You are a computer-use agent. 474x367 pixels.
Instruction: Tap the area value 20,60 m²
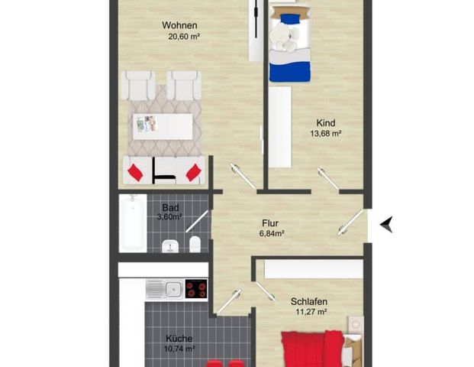(x=183, y=35)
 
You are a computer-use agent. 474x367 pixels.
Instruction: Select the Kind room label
(x=326, y=122)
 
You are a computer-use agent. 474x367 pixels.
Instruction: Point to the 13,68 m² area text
(x=325, y=133)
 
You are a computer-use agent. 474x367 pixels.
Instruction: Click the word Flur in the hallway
(x=269, y=222)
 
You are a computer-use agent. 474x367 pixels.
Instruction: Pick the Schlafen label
(x=308, y=301)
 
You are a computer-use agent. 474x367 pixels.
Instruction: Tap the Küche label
(x=180, y=338)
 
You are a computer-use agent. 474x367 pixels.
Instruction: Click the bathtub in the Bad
(x=132, y=223)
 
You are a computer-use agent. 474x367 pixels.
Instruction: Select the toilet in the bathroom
(x=195, y=245)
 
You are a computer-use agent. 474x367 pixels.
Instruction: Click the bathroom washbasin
(x=172, y=245)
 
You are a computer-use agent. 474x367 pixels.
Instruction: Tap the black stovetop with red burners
(x=195, y=289)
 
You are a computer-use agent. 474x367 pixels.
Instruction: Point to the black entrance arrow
(x=387, y=223)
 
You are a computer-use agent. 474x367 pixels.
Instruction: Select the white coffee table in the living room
(x=163, y=126)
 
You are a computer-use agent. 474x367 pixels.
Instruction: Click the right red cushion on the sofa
(x=194, y=172)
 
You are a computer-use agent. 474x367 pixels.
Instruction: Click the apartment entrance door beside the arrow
(x=352, y=222)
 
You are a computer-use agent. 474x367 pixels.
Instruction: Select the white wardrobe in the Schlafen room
(x=313, y=268)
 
